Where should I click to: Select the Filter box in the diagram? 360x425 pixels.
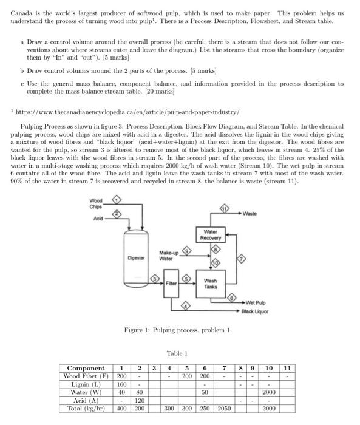pos(171,282)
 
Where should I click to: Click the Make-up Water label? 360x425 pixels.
pos(168,256)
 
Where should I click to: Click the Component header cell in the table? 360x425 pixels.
pos(85,368)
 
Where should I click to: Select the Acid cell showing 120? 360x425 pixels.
pos(138,401)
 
